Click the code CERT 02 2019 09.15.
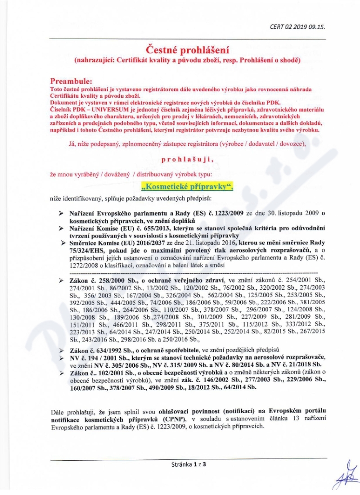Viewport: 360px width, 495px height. pyautogui.click(x=297, y=26)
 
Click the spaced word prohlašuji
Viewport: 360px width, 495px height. pyautogui.click(x=185, y=159)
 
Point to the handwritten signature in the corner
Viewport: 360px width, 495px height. pyautogui.click(x=344, y=472)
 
